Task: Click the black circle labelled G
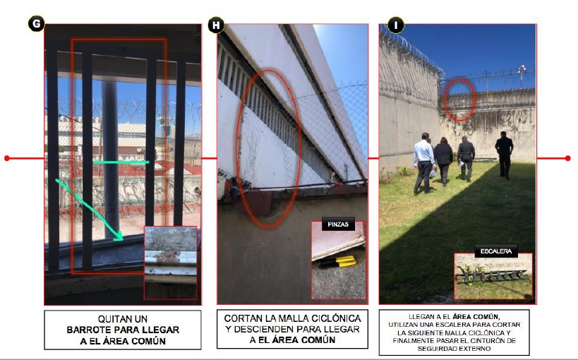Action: (36, 24)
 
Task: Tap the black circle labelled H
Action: (216, 25)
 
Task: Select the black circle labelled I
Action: (396, 25)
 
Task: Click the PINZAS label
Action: (338, 224)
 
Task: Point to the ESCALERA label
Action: (496, 251)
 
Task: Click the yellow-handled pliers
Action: (338, 261)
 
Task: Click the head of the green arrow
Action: (118, 236)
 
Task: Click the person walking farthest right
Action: (504, 154)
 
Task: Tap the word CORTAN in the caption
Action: (242, 318)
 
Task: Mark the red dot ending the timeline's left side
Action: (6, 158)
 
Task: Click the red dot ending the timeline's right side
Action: (567, 158)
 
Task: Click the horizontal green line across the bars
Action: (121, 162)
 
